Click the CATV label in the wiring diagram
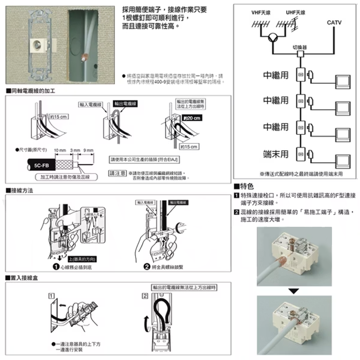click(334, 23)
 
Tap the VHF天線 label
click(261, 13)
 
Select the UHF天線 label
click(295, 13)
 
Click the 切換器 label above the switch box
click(300, 47)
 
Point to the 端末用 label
click(276, 154)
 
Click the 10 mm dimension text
click(60, 150)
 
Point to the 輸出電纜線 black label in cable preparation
click(125, 104)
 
